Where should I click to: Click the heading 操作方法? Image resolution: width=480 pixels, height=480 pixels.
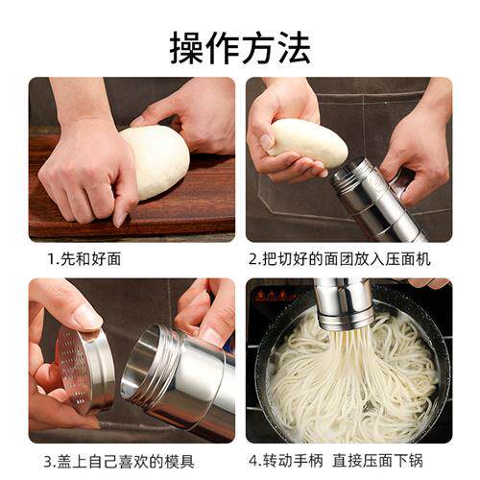tap(240, 44)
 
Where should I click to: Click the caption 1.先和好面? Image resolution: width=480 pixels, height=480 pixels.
tap(84, 258)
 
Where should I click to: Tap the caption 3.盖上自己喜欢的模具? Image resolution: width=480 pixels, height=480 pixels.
tap(119, 460)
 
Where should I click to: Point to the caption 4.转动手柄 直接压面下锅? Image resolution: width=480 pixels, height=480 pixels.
tap(348, 460)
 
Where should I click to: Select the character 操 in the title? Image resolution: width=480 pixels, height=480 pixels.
tap(185, 44)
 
